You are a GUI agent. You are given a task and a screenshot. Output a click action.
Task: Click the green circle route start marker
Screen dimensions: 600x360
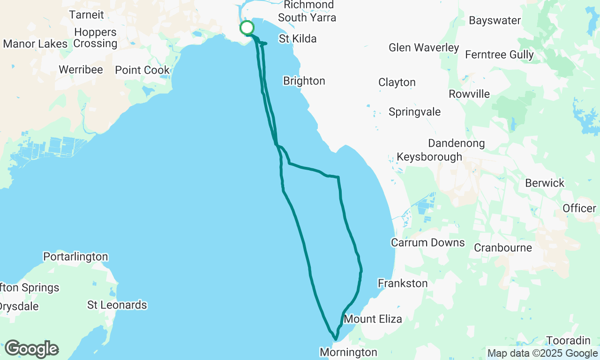(247, 28)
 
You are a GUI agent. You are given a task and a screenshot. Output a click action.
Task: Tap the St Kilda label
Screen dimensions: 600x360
(298, 39)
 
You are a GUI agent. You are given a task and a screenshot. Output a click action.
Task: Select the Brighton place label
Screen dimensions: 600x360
(304, 81)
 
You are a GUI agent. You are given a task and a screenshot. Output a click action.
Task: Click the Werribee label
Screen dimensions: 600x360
(81, 70)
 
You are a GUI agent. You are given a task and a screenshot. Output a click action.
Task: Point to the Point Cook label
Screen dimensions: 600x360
(142, 70)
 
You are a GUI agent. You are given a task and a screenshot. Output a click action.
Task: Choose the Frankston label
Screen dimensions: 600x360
(403, 284)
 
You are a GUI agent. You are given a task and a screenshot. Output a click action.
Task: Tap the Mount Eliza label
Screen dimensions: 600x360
(373, 319)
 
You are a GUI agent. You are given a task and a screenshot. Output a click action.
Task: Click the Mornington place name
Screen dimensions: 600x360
(348, 352)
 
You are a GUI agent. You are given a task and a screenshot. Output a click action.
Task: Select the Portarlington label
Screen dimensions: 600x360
(75, 257)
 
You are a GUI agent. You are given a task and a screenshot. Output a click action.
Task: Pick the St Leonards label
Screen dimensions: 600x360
(117, 305)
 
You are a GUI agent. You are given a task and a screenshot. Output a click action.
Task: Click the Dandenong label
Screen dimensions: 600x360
(457, 143)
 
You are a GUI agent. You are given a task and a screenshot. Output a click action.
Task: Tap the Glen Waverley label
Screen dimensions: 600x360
(424, 48)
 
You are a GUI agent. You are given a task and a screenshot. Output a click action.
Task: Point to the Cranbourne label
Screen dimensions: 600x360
(503, 247)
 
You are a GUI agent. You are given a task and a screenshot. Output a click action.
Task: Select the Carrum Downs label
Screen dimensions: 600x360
(428, 243)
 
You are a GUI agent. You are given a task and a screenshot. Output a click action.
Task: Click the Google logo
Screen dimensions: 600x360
(32, 349)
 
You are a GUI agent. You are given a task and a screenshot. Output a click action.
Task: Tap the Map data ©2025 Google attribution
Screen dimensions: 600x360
(542, 353)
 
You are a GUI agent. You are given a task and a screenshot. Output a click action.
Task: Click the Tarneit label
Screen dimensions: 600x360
(86, 15)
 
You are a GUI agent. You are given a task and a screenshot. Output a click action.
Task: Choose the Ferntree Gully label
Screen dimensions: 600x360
(499, 55)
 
